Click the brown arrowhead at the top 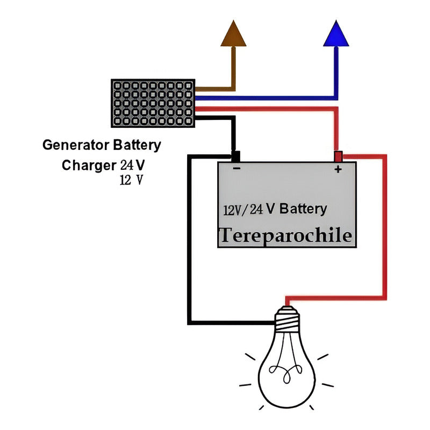(234, 35)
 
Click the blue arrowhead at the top (337, 35)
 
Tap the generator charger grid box (153, 103)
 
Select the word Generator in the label (76, 145)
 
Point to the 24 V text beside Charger (132, 164)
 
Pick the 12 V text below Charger (132, 180)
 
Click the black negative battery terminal (235, 156)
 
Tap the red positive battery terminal (338, 156)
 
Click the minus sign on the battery (236, 169)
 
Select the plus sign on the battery (338, 169)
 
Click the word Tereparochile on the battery (286, 235)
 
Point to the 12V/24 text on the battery (243, 210)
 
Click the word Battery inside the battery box (303, 209)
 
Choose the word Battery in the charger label (137, 145)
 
